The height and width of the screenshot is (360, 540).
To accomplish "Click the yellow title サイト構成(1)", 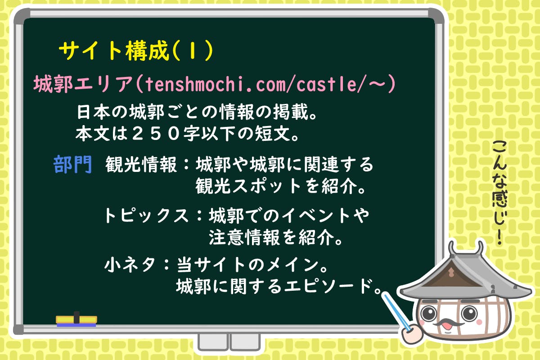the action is [136, 51].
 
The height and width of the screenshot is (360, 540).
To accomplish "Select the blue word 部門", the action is [72, 164].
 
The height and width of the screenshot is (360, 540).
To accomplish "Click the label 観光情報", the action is [141, 164].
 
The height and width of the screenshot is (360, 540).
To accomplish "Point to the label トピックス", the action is [146, 215].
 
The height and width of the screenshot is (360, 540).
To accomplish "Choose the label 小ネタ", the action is [130, 265].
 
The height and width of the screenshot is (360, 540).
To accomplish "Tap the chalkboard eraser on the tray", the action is [76, 319].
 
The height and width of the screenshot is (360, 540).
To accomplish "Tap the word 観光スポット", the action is [248, 186].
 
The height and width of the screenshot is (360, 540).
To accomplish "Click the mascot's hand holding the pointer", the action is [413, 333].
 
